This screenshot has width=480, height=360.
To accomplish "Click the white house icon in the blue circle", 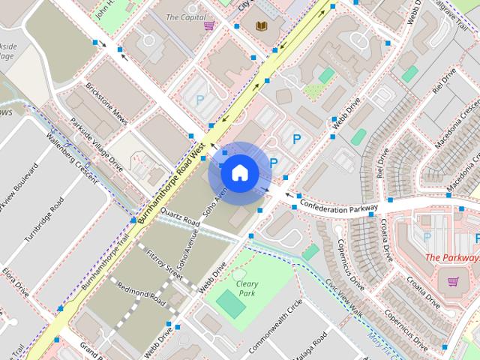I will (x=239, y=173).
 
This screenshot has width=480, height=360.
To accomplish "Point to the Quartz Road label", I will (x=181, y=217).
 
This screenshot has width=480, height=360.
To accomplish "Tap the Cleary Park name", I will (x=246, y=288).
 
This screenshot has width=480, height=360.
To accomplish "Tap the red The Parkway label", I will (x=452, y=257).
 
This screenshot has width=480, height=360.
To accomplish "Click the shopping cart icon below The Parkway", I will (x=453, y=281).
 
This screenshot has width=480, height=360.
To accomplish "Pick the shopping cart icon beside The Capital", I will (x=209, y=25).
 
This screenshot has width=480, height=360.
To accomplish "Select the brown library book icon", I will (x=262, y=26).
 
